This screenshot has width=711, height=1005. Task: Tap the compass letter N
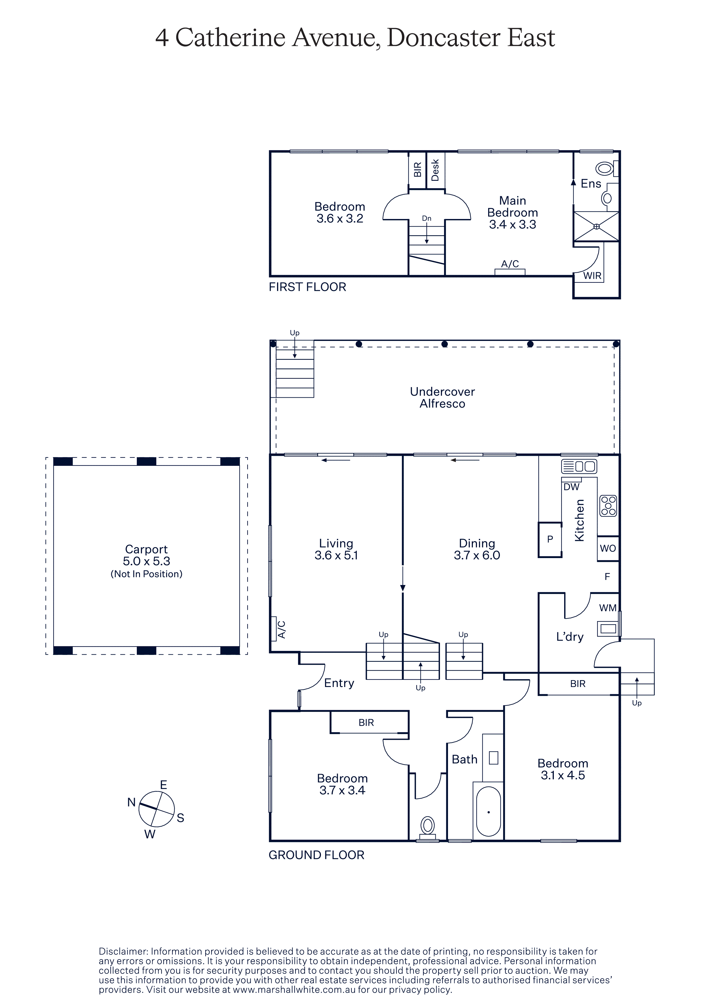point(131,802)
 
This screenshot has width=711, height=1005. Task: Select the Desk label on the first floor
point(435,170)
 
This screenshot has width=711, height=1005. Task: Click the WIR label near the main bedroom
point(592,276)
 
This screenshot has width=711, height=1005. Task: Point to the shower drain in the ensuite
point(596,226)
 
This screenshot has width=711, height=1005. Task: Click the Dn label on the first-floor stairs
point(427,218)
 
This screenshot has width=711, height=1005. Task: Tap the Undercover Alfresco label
point(443,397)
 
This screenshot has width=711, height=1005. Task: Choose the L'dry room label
point(570,637)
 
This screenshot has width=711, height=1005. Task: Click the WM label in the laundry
point(608,608)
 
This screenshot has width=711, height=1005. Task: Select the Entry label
point(339,683)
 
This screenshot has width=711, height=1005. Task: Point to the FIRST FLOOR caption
point(307,287)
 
